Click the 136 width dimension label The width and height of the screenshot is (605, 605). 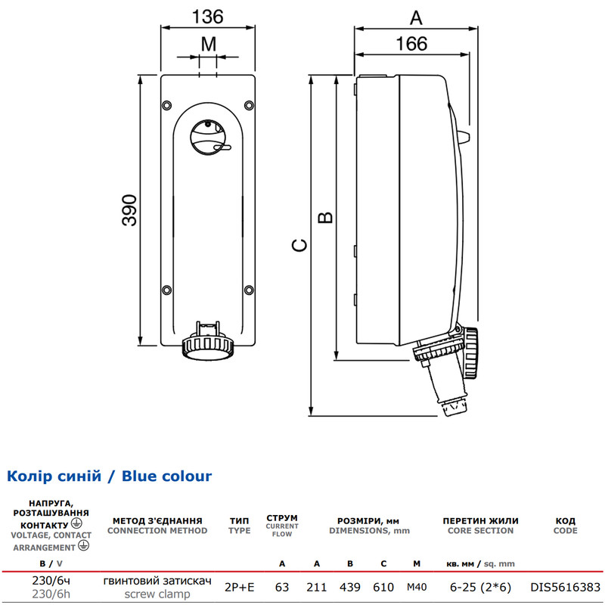[x=207, y=17]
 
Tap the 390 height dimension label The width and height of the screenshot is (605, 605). [x=129, y=210]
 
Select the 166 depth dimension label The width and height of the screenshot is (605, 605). [x=411, y=44]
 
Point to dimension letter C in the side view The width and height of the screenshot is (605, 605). [x=299, y=245]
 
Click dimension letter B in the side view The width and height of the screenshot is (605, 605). [x=325, y=218]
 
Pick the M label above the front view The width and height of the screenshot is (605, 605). [x=209, y=45]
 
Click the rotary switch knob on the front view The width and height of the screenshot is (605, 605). [x=209, y=138]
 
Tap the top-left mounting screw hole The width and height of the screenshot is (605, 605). [x=167, y=105]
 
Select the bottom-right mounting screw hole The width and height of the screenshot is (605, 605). [x=250, y=290]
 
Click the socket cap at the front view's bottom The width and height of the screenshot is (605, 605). [x=209, y=348]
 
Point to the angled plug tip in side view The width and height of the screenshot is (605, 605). [x=455, y=408]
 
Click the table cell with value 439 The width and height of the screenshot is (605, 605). [x=350, y=588]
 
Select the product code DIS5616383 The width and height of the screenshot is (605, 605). [x=565, y=588]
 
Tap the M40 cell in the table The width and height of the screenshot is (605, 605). [x=417, y=588]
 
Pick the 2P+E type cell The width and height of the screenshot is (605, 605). [x=239, y=588]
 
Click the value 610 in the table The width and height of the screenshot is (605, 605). [x=383, y=588]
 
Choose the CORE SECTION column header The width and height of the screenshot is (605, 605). [x=480, y=531]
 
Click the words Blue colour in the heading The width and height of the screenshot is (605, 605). [x=166, y=476]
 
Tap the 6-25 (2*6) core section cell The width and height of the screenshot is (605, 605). [x=480, y=588]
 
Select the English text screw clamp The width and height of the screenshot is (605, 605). [x=157, y=594]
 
